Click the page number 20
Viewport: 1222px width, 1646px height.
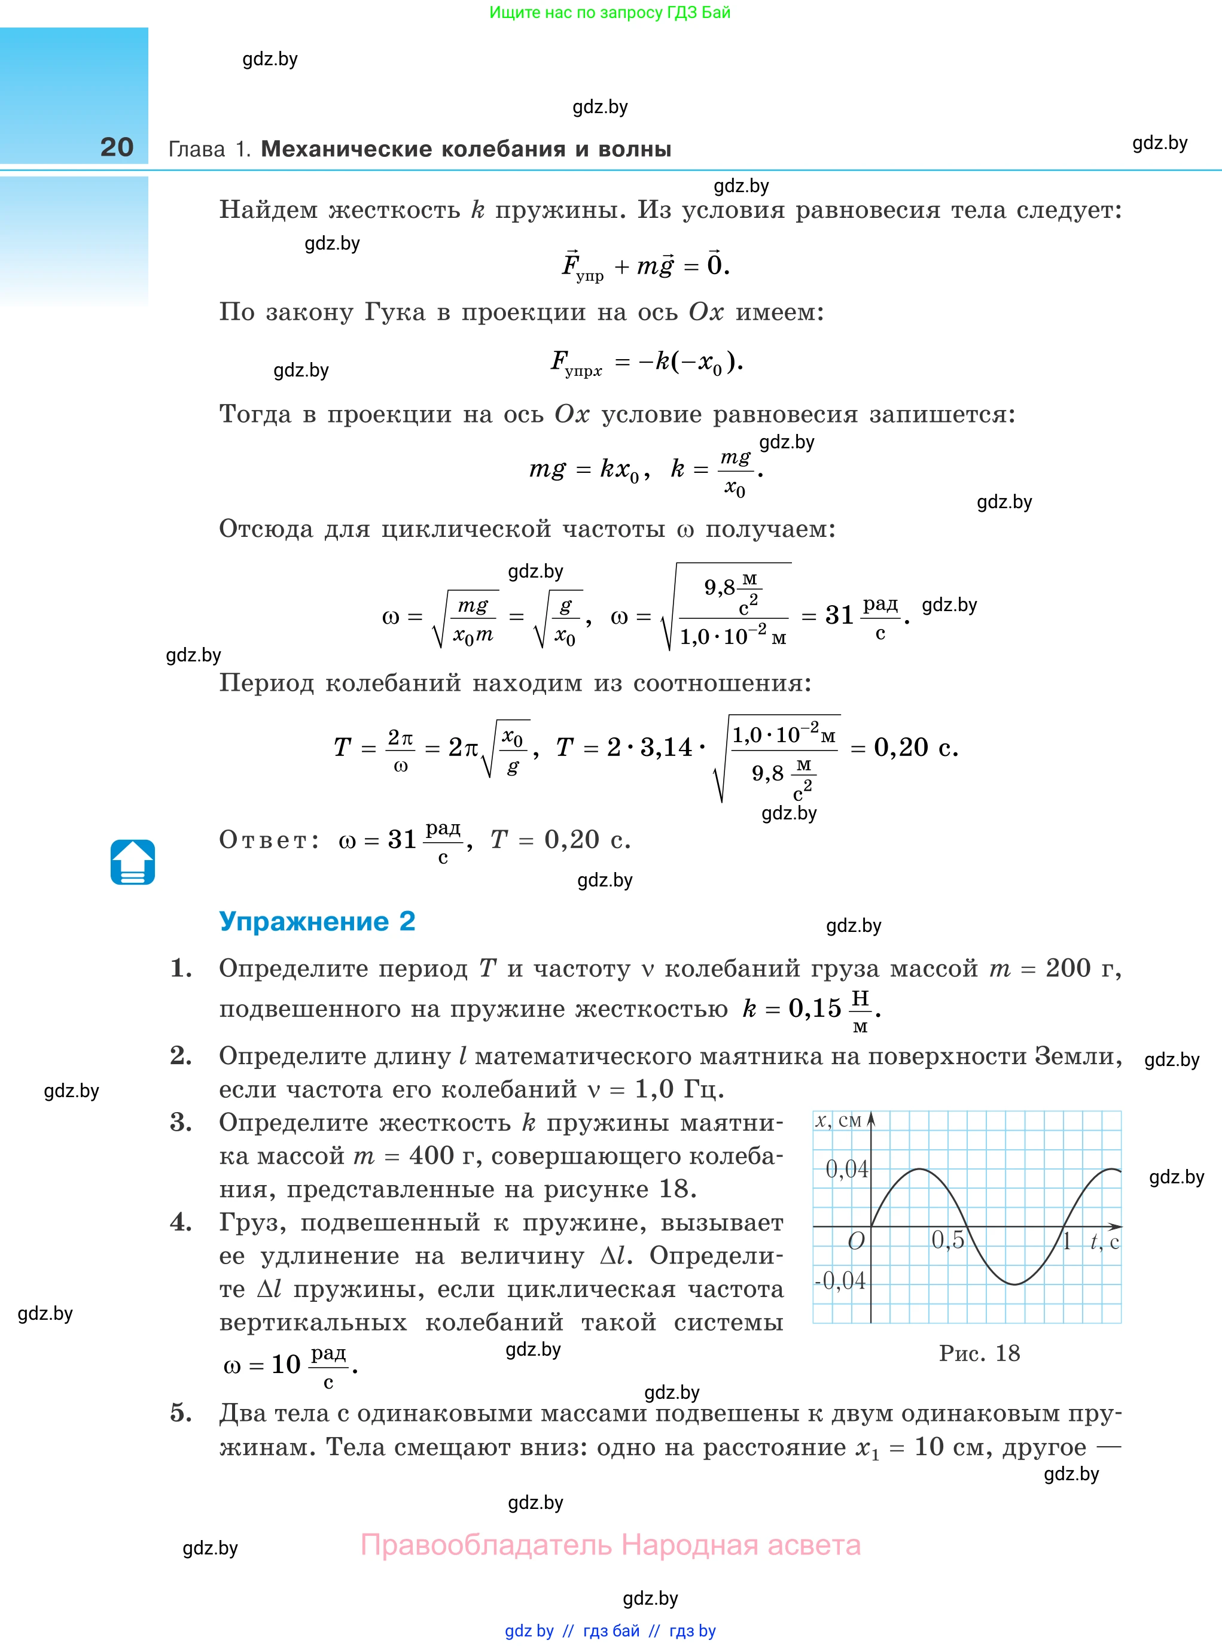coord(117,147)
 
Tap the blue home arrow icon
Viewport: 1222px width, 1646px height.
coord(132,863)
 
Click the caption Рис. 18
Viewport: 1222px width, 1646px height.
coord(979,1353)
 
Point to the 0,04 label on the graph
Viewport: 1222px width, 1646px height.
coord(846,1170)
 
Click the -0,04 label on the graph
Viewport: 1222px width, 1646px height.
coord(840,1280)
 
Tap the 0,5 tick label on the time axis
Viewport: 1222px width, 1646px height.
coord(947,1240)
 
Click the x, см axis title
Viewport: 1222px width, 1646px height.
coord(838,1120)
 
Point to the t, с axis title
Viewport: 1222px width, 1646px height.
coord(1104,1241)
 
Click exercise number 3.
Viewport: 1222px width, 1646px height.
coord(181,1123)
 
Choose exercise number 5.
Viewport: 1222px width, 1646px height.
coord(181,1413)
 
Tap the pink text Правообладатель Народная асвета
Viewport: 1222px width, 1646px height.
coord(610,1545)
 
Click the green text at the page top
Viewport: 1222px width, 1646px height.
coord(610,13)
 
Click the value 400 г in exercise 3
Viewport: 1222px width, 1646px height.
coord(443,1155)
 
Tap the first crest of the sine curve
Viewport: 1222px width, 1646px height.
coord(919,1170)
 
